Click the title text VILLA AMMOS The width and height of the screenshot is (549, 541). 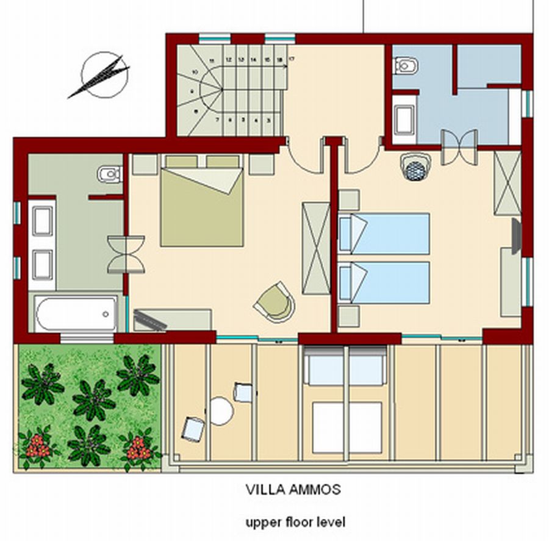(293, 489)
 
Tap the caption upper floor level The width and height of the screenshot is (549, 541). (295, 523)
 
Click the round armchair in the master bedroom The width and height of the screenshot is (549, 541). (274, 302)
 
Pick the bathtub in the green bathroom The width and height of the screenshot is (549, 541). (76, 313)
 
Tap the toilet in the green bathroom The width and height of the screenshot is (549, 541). (110, 174)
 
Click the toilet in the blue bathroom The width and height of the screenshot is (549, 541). (406, 65)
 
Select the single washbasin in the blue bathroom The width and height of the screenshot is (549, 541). (404, 120)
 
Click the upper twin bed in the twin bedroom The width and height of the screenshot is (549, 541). (384, 234)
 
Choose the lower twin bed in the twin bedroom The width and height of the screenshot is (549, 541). (384, 282)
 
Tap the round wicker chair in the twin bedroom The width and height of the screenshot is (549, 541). (417, 167)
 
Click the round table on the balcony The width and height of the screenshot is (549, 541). (221, 411)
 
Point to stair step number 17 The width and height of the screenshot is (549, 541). (292, 59)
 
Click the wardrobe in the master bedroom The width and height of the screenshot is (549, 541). (316, 248)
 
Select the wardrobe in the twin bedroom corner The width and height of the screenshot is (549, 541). (508, 183)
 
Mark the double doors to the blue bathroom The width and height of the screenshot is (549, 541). (459, 147)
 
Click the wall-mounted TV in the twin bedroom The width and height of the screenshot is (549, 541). (516, 236)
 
